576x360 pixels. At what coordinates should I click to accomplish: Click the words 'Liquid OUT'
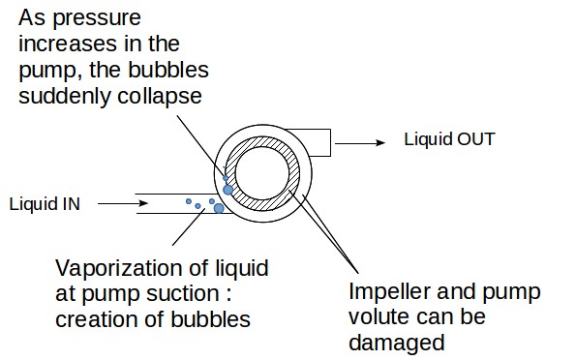[449, 139]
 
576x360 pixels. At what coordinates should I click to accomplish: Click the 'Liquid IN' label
[45, 203]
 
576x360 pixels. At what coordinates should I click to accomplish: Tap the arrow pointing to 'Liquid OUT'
[365, 141]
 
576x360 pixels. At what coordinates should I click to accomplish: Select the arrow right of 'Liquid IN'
[122, 203]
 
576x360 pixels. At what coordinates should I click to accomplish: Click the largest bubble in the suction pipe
[219, 207]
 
